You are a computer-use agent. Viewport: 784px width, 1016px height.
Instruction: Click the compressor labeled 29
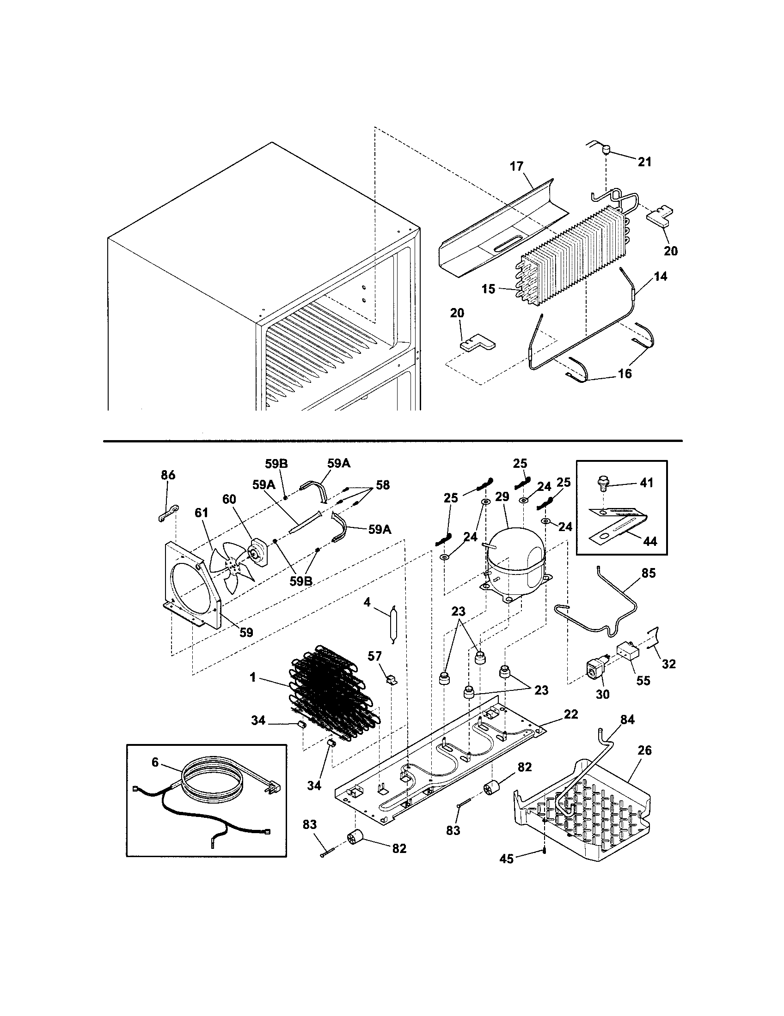514,558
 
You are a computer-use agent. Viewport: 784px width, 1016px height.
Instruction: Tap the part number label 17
516,166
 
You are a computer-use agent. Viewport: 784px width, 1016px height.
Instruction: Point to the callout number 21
644,162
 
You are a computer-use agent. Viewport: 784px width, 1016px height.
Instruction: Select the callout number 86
168,475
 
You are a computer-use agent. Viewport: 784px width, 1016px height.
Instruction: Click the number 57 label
375,656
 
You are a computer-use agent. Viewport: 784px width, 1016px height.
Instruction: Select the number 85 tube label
648,573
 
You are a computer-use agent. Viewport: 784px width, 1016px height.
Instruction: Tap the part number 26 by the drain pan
645,750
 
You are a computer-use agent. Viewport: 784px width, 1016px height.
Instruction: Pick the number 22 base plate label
571,714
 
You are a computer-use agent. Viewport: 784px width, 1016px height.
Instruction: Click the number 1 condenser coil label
252,678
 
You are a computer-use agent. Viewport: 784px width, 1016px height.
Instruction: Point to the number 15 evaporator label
488,289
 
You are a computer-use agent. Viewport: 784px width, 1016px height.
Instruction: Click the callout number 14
660,276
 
